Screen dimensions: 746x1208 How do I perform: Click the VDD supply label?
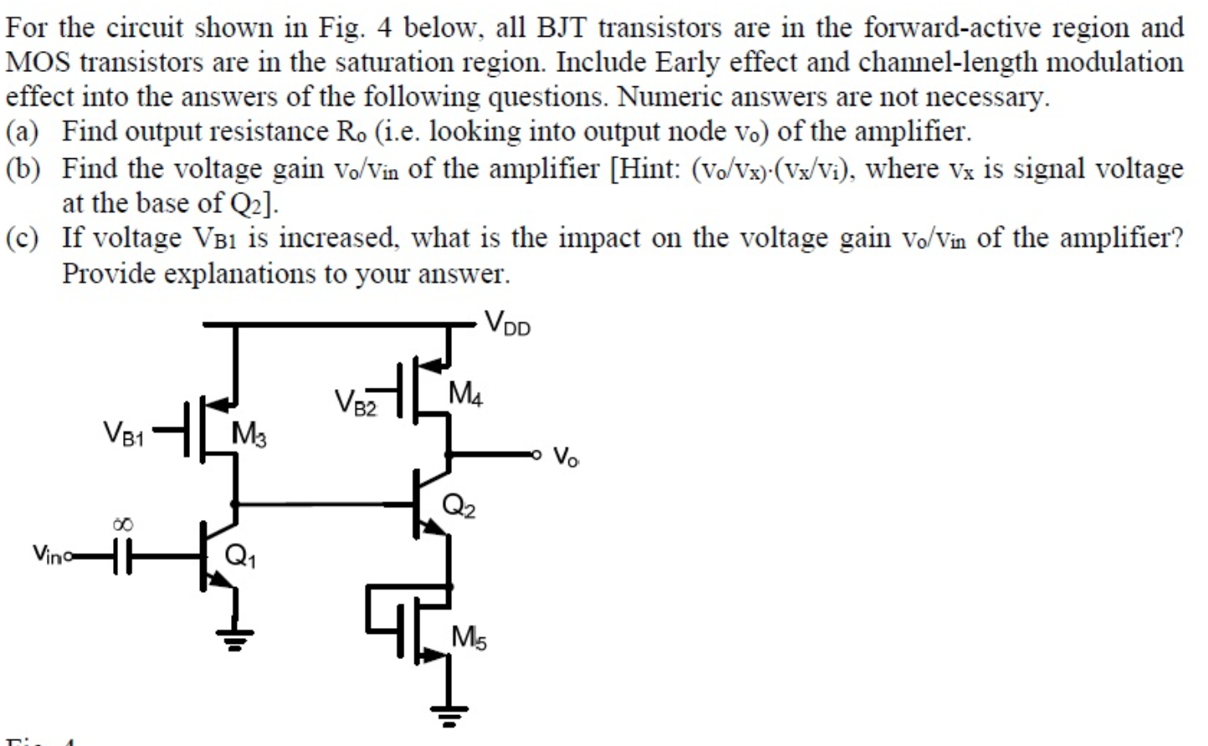pyautogui.click(x=507, y=323)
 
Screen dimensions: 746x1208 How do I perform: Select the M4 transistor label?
pyautogui.click(x=465, y=393)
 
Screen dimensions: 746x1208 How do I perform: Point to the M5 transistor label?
pyautogui.click(x=469, y=638)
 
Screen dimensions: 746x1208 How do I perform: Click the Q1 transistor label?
pyautogui.click(x=240, y=556)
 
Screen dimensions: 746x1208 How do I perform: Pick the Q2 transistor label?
pyautogui.click(x=458, y=505)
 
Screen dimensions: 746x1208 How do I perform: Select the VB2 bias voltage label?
pyautogui.click(x=356, y=402)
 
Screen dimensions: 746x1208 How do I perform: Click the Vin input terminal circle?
pyautogui.click(x=69, y=554)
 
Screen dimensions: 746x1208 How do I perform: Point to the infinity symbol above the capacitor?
pyautogui.click(x=122, y=524)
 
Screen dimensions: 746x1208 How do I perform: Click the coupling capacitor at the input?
pyautogui.click(x=122, y=555)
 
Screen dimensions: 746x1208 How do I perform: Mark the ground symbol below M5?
pyautogui.click(x=450, y=714)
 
